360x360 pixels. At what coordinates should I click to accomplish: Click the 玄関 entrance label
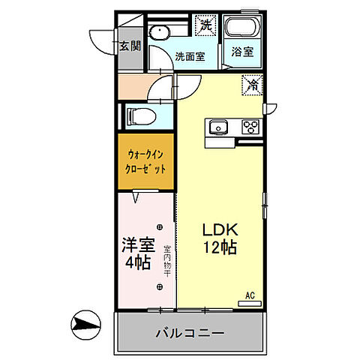(130, 45)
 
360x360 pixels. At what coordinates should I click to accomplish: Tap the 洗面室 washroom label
(190, 56)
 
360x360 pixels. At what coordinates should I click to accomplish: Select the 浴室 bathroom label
(241, 53)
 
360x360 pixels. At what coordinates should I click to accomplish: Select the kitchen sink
(219, 126)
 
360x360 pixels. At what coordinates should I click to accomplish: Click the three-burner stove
(250, 127)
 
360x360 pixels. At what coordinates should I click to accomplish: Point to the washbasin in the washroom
(158, 33)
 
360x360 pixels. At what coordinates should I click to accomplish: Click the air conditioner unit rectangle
(249, 303)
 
